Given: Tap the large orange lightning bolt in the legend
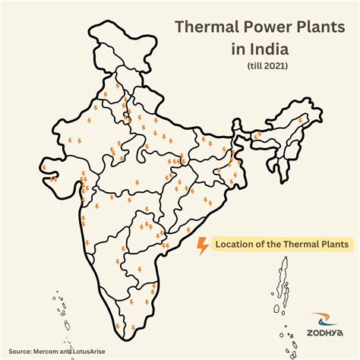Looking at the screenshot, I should click(203, 245).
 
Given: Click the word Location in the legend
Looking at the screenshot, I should click(235, 245).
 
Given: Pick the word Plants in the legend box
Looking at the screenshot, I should click(334, 245).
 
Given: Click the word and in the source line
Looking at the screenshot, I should click(79, 352).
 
